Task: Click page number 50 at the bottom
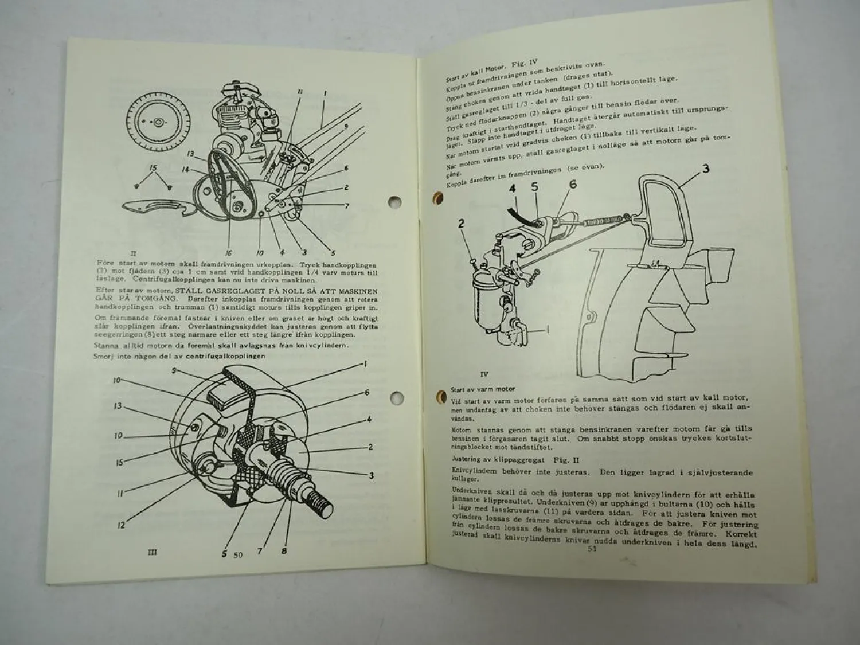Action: click(238, 554)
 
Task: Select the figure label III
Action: click(152, 552)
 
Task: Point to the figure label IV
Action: click(484, 374)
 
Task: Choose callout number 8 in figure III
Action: click(284, 552)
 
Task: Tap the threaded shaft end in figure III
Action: click(325, 507)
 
